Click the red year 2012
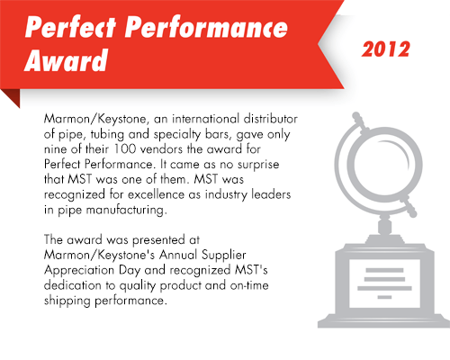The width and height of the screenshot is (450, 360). (385, 49)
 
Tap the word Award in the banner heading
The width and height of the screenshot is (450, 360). (66, 60)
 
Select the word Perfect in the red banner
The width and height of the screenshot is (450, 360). (70, 27)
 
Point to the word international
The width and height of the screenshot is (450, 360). (205, 119)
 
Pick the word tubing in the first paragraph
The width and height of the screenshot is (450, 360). (107, 135)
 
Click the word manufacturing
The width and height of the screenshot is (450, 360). (125, 210)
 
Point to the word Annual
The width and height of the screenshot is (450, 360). (178, 255)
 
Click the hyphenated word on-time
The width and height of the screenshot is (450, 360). (249, 285)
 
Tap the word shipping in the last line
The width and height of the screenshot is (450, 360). (67, 301)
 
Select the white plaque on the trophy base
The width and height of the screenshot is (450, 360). (384, 283)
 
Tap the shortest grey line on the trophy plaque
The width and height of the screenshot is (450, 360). (384, 297)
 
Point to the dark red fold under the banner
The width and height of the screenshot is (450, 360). (12, 96)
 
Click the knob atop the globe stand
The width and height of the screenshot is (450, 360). (356, 115)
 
